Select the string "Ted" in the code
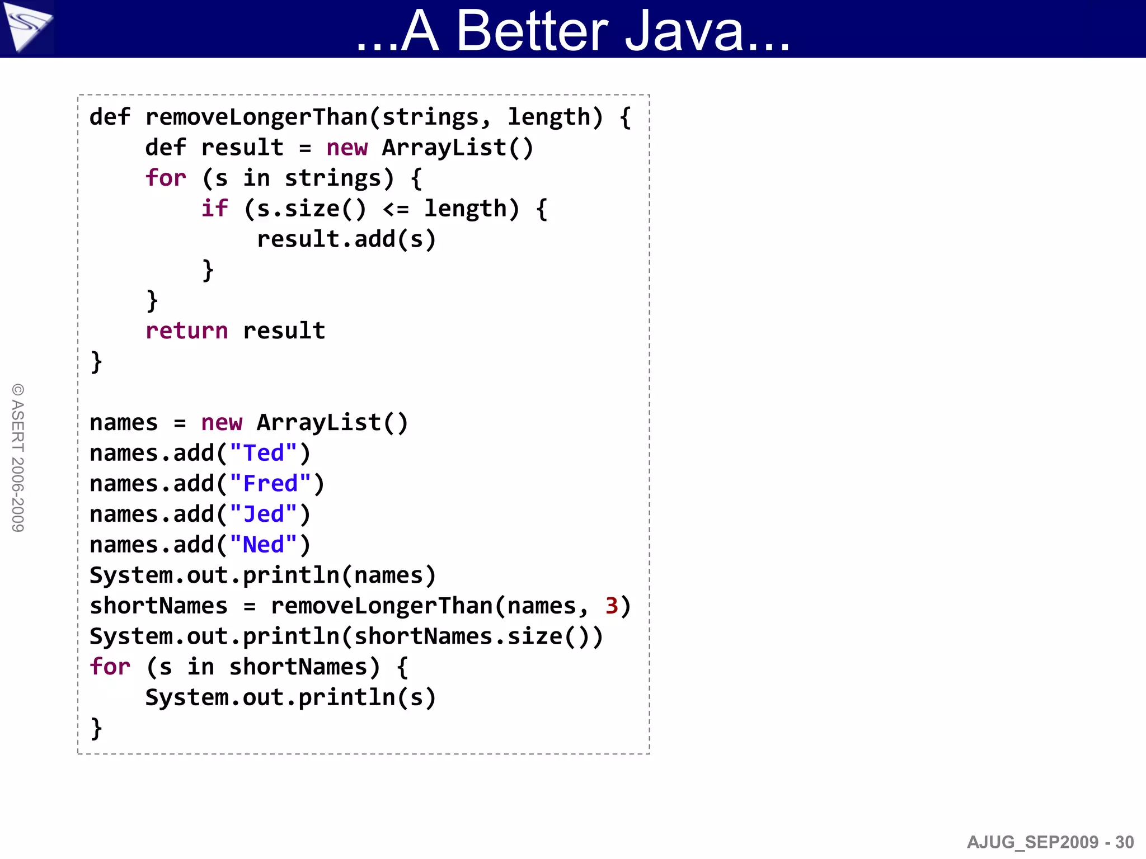tap(263, 454)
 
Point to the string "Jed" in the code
tap(263, 515)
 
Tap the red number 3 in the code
tap(612, 606)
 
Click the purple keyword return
tap(186, 331)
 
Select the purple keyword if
tap(215, 209)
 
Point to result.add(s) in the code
tap(346, 239)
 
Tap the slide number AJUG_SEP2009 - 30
tap(1050, 842)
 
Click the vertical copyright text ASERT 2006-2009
tap(18, 457)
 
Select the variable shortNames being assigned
tap(159, 606)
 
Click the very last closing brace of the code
tap(96, 728)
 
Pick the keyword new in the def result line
tap(347, 148)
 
